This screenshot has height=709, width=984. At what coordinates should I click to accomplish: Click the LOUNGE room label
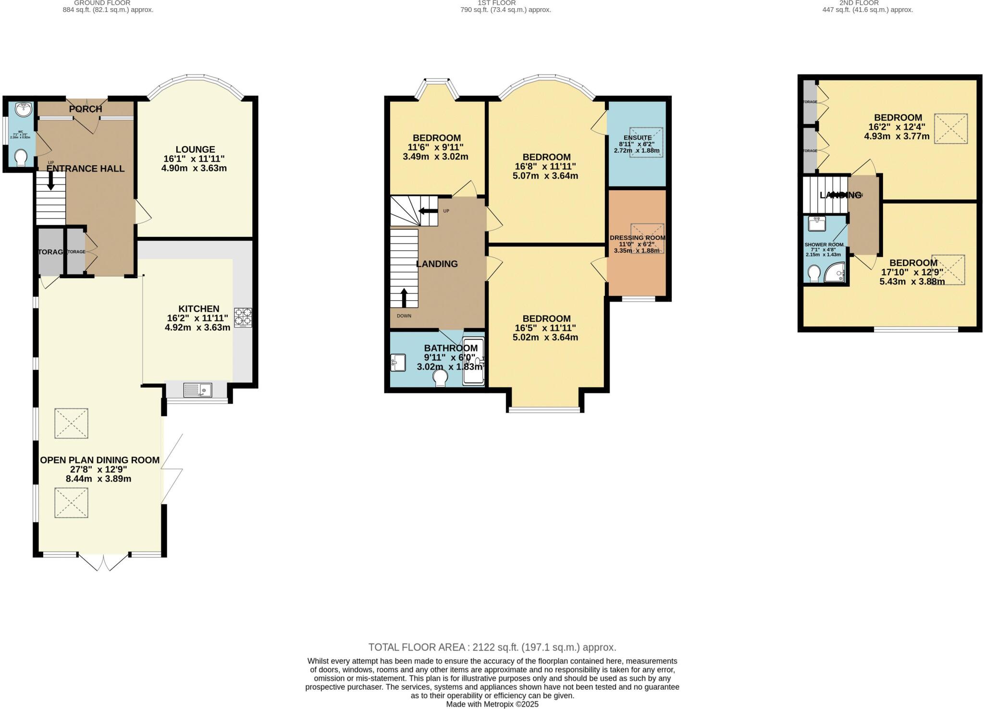[x=195, y=149]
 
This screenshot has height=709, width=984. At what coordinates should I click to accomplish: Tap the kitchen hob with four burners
[x=243, y=318]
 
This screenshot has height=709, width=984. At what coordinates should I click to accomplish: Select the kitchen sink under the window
[x=197, y=390]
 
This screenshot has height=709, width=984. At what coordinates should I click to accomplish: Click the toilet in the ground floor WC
[x=21, y=158]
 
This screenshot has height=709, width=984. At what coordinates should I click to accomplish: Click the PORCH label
[x=86, y=109]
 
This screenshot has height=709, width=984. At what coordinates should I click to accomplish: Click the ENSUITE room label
[x=637, y=138]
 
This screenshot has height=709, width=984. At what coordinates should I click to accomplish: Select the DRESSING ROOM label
[x=637, y=238]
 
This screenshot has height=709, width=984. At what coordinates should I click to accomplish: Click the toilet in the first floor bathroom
[x=440, y=380]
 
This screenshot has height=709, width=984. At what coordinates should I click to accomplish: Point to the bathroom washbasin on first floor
[x=398, y=363]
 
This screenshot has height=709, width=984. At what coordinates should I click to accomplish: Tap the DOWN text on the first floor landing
[x=404, y=316]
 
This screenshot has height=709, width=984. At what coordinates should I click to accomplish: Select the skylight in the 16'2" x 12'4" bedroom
[x=950, y=128]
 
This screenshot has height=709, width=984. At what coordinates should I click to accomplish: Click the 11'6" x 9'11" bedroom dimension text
[x=436, y=147]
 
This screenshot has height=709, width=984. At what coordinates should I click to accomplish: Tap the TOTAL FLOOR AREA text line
[x=492, y=647]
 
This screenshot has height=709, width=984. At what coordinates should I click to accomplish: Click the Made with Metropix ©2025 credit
[x=492, y=704]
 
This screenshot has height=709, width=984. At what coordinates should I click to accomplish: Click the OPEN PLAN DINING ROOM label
[x=99, y=460]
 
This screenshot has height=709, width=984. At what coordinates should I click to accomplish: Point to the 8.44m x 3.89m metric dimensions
[x=98, y=479]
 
